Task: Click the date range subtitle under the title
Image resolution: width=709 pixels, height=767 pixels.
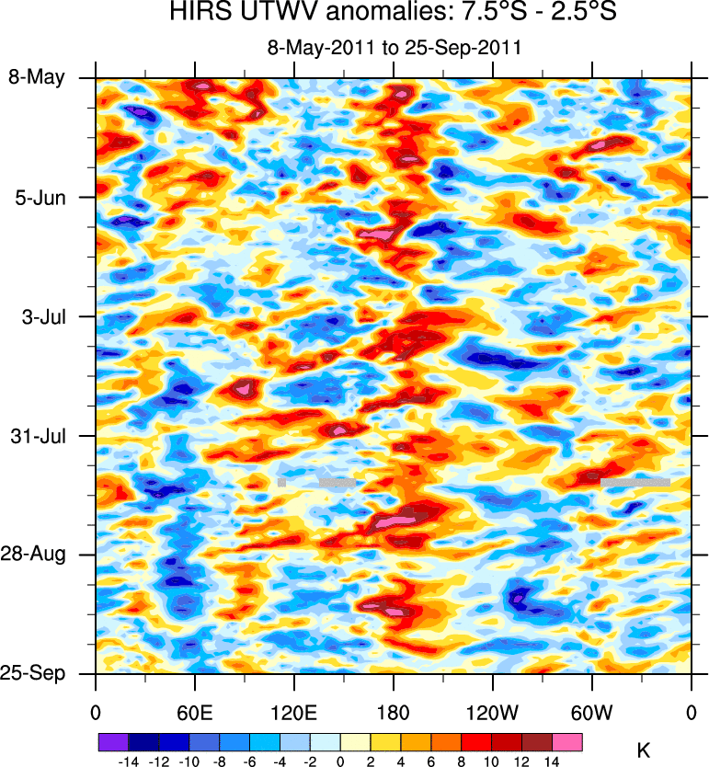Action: [x=394, y=49]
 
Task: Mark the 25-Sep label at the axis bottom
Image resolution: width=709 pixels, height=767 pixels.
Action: [x=37, y=673]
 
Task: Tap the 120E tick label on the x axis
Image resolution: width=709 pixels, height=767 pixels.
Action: [x=294, y=712]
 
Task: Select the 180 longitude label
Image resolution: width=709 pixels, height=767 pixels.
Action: [x=394, y=712]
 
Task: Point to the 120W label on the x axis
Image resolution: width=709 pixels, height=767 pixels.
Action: [x=493, y=712]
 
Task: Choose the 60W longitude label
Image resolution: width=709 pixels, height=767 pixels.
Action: [x=592, y=712]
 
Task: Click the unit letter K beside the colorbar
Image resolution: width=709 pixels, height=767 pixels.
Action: [x=644, y=751]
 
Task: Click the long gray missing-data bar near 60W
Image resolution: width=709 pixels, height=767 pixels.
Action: [x=635, y=481]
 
